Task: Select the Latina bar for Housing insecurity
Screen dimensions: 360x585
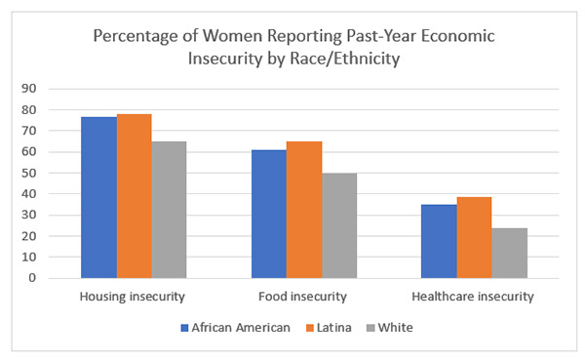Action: tap(134, 195)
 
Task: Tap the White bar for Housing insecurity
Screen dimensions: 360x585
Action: tap(169, 209)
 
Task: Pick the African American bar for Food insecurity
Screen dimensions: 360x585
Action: tap(269, 214)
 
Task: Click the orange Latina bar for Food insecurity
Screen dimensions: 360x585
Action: tap(304, 209)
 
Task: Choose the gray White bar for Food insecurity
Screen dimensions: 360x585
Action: tap(339, 225)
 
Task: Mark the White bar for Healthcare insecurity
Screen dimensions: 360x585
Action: tap(509, 253)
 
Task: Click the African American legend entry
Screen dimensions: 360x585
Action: tap(235, 327)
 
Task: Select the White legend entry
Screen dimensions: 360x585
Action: tap(389, 327)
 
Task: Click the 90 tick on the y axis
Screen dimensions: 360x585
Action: tap(57, 89)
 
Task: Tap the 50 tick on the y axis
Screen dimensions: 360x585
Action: tap(57, 173)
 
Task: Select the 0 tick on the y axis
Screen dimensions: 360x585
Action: tap(59, 278)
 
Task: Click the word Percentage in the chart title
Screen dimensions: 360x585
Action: tap(136, 36)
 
